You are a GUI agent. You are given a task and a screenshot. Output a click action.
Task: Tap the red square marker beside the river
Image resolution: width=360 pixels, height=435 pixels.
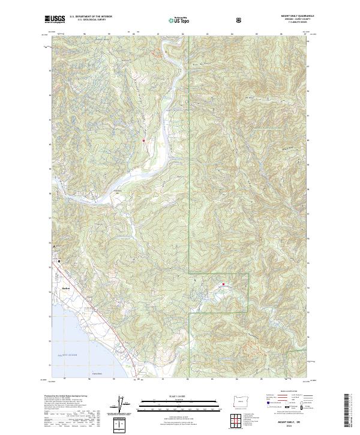pyautogui.click(x=144, y=140)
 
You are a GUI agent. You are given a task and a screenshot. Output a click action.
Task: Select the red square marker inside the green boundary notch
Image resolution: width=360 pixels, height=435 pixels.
pyautogui.click(x=224, y=284)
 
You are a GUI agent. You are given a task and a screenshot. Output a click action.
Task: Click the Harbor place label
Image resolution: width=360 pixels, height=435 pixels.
pyautogui.click(x=66, y=289)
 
